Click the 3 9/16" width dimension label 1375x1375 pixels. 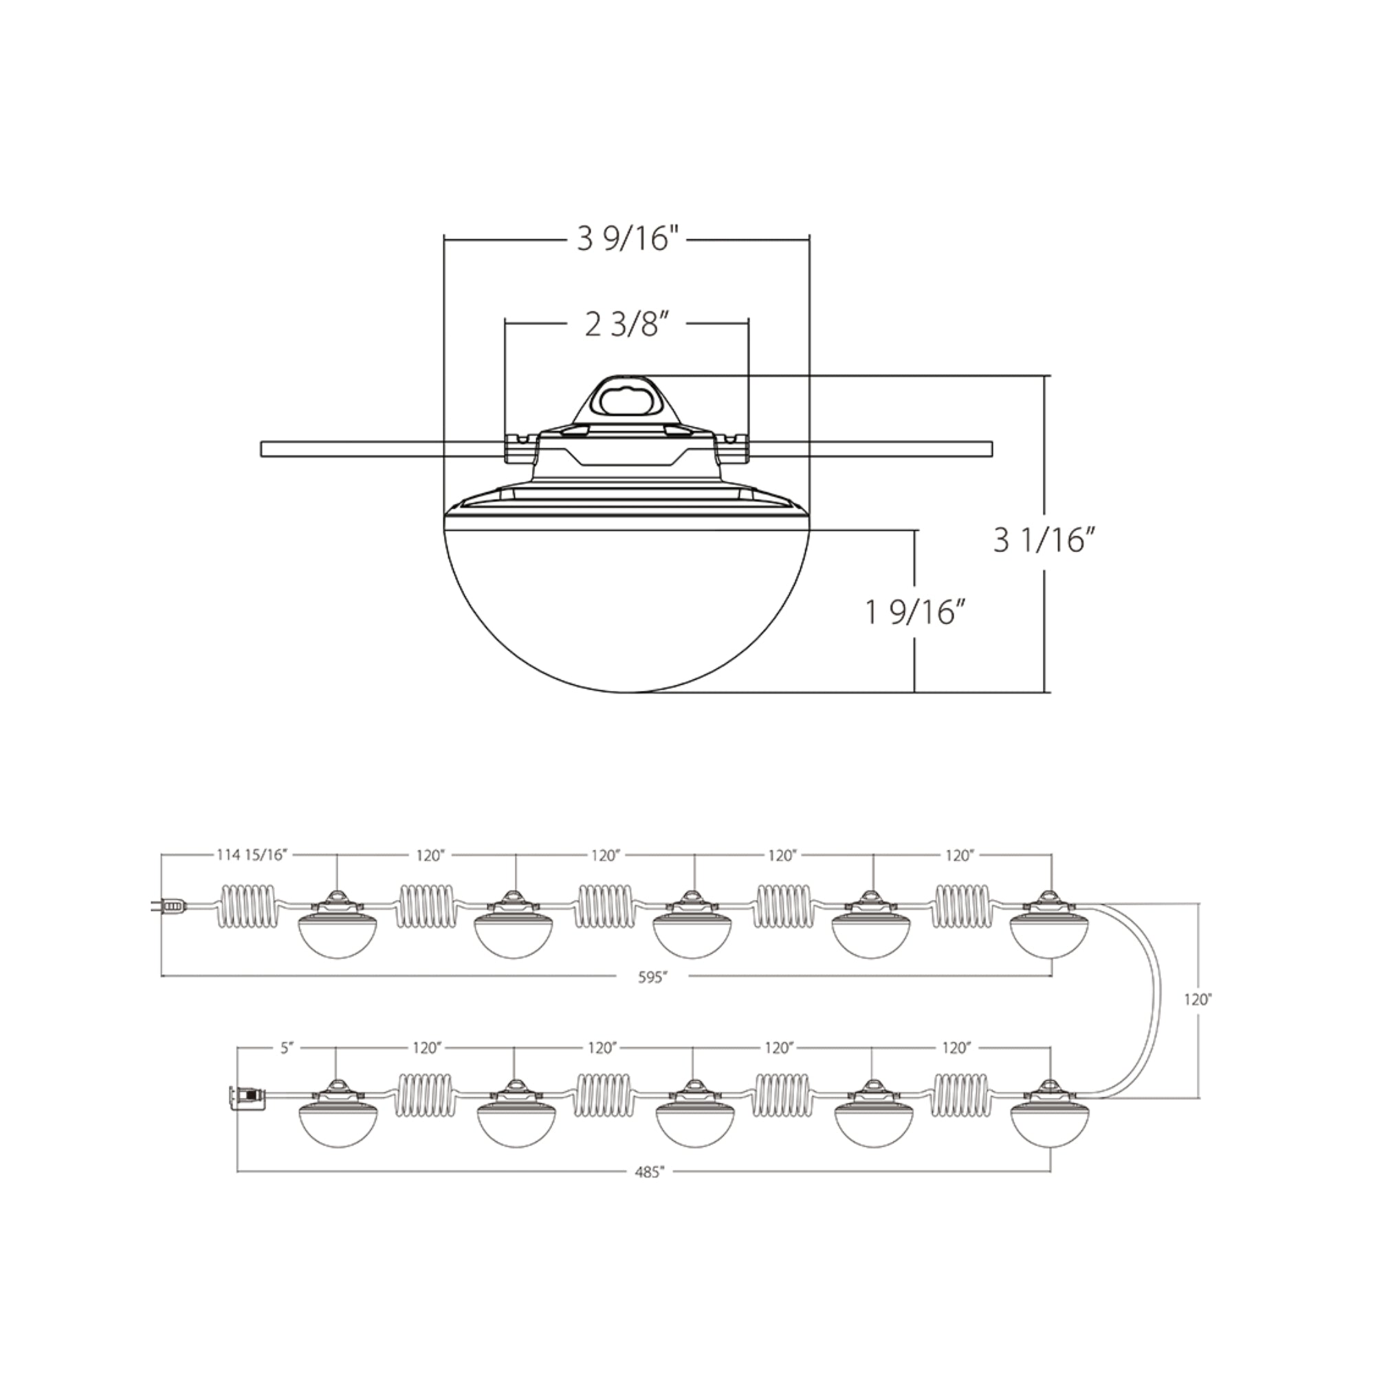click(x=625, y=240)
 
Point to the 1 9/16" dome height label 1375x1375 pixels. click(x=917, y=612)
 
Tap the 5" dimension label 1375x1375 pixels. click(x=287, y=1049)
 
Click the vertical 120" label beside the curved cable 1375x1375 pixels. click(x=1198, y=999)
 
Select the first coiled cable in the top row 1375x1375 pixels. click(x=246, y=905)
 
